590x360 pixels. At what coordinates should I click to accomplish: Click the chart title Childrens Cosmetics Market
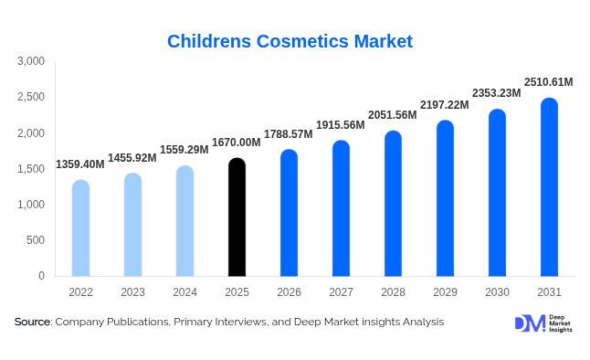pyautogui.click(x=290, y=41)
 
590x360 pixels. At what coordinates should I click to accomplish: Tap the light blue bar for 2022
pyautogui.click(x=80, y=228)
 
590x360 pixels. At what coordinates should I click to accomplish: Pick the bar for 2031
pyautogui.click(x=549, y=187)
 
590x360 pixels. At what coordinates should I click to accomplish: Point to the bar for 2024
pyautogui.click(x=184, y=221)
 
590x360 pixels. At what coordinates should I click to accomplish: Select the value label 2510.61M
pyautogui.click(x=548, y=82)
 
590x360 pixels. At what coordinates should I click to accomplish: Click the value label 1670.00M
pyautogui.click(x=237, y=143)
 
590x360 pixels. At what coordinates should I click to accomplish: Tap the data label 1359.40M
pyautogui.click(x=80, y=164)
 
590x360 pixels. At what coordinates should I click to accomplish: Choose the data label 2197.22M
pyautogui.click(x=444, y=105)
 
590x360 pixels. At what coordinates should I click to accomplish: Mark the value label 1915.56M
pyautogui.click(x=341, y=125)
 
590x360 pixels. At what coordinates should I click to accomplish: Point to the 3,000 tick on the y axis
pyautogui.click(x=31, y=62)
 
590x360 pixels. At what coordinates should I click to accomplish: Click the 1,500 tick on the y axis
pyautogui.click(x=31, y=169)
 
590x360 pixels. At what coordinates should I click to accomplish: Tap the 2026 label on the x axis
pyautogui.click(x=289, y=291)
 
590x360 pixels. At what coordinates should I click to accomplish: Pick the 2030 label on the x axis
pyautogui.click(x=497, y=291)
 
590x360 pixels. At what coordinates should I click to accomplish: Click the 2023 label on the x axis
pyautogui.click(x=132, y=291)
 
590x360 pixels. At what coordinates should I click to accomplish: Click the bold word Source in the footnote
pyautogui.click(x=32, y=323)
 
